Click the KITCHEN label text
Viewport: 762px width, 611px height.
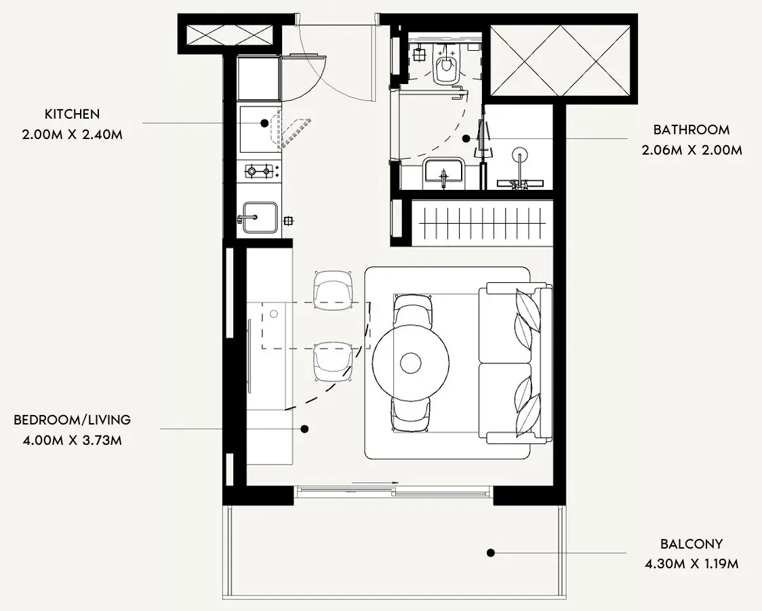tap(72, 114)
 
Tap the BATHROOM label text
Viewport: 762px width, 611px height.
tap(691, 130)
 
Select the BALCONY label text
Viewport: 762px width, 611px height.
tap(691, 544)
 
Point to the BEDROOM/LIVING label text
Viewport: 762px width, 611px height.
tap(73, 420)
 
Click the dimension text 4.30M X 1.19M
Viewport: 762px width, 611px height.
tap(691, 564)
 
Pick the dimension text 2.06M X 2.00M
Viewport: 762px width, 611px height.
tap(691, 150)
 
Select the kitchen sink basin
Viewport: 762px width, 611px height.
tap(260, 217)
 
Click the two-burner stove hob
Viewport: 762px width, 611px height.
tap(258, 171)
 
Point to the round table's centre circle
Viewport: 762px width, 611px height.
tap(411, 363)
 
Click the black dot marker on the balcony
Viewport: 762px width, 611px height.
tap(491, 553)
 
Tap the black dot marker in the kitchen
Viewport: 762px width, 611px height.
tap(264, 123)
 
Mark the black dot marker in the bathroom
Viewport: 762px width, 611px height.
tap(466, 138)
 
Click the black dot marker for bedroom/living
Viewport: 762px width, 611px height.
tap(304, 429)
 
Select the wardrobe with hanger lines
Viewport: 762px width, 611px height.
tap(482, 222)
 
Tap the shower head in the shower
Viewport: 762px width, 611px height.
tap(519, 154)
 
